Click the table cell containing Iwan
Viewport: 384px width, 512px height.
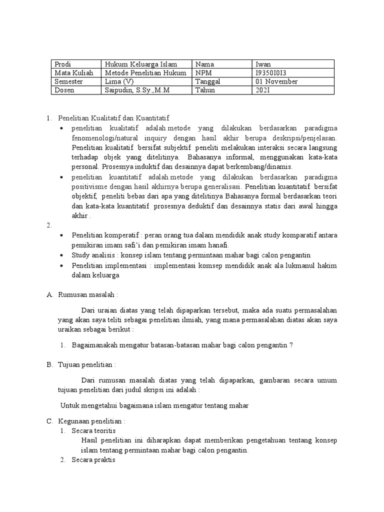[x=292, y=64]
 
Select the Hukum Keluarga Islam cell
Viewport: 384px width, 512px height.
[x=147, y=64]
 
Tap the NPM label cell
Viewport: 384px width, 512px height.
[x=222, y=72]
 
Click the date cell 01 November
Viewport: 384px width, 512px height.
[x=292, y=81]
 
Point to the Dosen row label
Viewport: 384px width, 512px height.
[x=76, y=90]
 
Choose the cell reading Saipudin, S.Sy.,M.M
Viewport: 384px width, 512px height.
[x=147, y=90]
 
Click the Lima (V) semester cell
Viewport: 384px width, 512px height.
[x=147, y=81]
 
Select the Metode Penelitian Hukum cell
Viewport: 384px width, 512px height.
[x=147, y=72]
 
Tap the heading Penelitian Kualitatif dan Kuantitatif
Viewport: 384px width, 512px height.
[x=114, y=118]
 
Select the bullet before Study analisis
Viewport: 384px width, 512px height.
[x=61, y=255]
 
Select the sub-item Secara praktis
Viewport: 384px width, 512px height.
[x=93, y=460]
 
